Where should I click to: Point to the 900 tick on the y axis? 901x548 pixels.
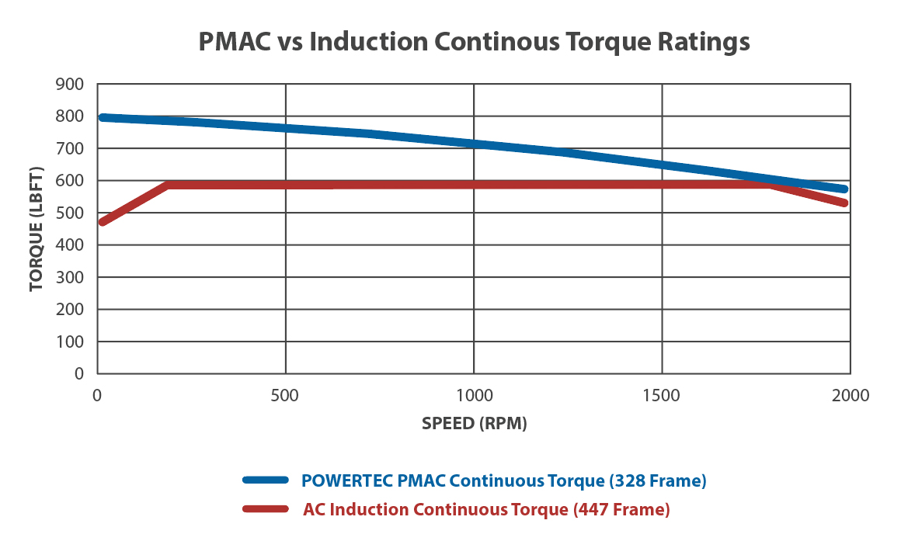(70, 84)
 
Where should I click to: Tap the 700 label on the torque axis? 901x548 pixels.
(70, 148)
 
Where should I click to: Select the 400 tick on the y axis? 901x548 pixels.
(70, 245)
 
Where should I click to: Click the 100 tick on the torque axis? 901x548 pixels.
(70, 342)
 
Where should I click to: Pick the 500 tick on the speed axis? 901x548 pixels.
(286, 396)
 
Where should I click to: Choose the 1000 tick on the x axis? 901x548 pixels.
(474, 396)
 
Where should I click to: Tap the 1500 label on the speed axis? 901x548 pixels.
(662, 396)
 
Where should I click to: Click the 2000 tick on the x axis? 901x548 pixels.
(850, 396)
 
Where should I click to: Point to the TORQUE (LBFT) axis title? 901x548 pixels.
(36, 229)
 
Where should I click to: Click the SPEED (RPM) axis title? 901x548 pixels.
(474, 424)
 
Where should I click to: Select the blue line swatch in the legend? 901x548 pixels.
(265, 481)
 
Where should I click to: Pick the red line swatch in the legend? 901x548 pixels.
(265, 510)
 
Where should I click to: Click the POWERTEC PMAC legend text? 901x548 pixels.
(504, 481)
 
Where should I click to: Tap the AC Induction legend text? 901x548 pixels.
(485, 510)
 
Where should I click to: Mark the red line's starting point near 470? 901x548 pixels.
(102, 222)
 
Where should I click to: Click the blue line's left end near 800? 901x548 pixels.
(103, 117)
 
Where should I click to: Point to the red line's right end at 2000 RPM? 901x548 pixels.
(844, 203)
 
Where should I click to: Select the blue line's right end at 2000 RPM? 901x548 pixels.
(844, 189)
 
